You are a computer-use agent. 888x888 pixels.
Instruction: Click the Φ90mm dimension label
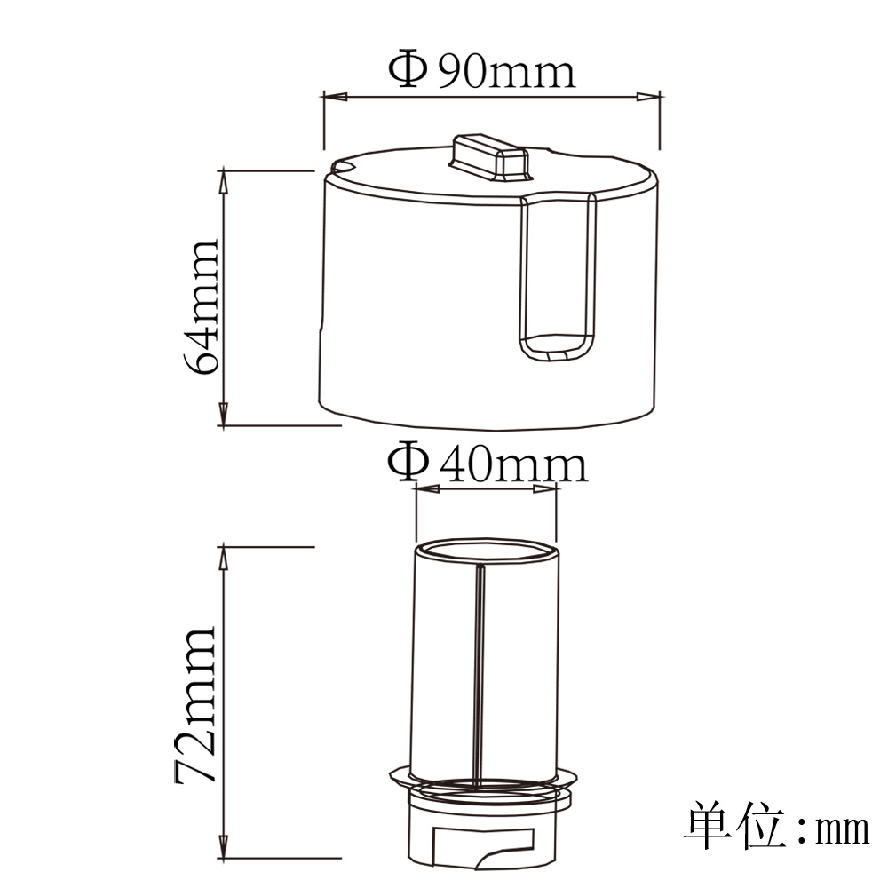pyautogui.click(x=482, y=69)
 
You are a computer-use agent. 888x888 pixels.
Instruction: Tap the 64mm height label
pyautogui.click(x=201, y=307)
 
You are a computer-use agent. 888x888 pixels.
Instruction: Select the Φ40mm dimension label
pyautogui.click(x=488, y=462)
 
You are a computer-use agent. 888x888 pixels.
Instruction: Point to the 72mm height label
pyautogui.click(x=194, y=704)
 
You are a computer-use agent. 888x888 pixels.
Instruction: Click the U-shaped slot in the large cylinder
pyautogui.click(x=558, y=277)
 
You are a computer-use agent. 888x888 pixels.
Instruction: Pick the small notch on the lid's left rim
pyautogui.click(x=343, y=167)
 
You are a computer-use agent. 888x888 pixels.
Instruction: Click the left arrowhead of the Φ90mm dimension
pyautogui.click(x=335, y=97)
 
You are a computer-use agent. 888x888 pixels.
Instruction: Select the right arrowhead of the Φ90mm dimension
pyautogui.click(x=648, y=97)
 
